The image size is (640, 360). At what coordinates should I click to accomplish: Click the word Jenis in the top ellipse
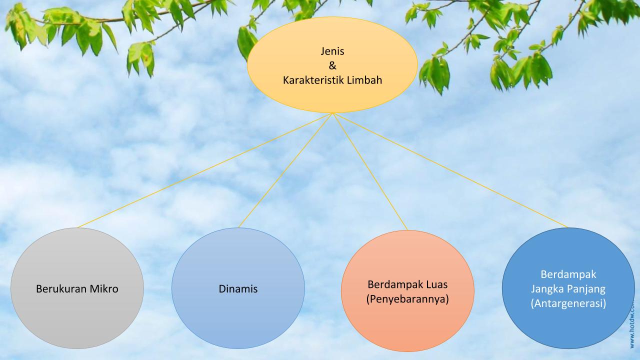(x=332, y=51)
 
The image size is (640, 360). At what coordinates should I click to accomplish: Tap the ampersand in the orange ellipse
(x=332, y=65)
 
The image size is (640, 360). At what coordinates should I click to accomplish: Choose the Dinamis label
(x=238, y=288)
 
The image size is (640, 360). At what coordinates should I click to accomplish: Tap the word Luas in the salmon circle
(x=434, y=284)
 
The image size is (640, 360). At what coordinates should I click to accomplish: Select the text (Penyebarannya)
(x=407, y=299)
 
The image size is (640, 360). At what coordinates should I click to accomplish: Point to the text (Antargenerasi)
(x=568, y=303)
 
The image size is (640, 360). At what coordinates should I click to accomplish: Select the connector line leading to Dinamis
(x=285, y=170)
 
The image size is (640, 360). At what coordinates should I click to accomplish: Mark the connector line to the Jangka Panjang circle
(x=450, y=170)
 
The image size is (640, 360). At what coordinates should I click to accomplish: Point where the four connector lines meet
(x=332, y=113)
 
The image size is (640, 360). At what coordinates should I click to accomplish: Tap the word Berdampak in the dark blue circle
(x=568, y=274)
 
